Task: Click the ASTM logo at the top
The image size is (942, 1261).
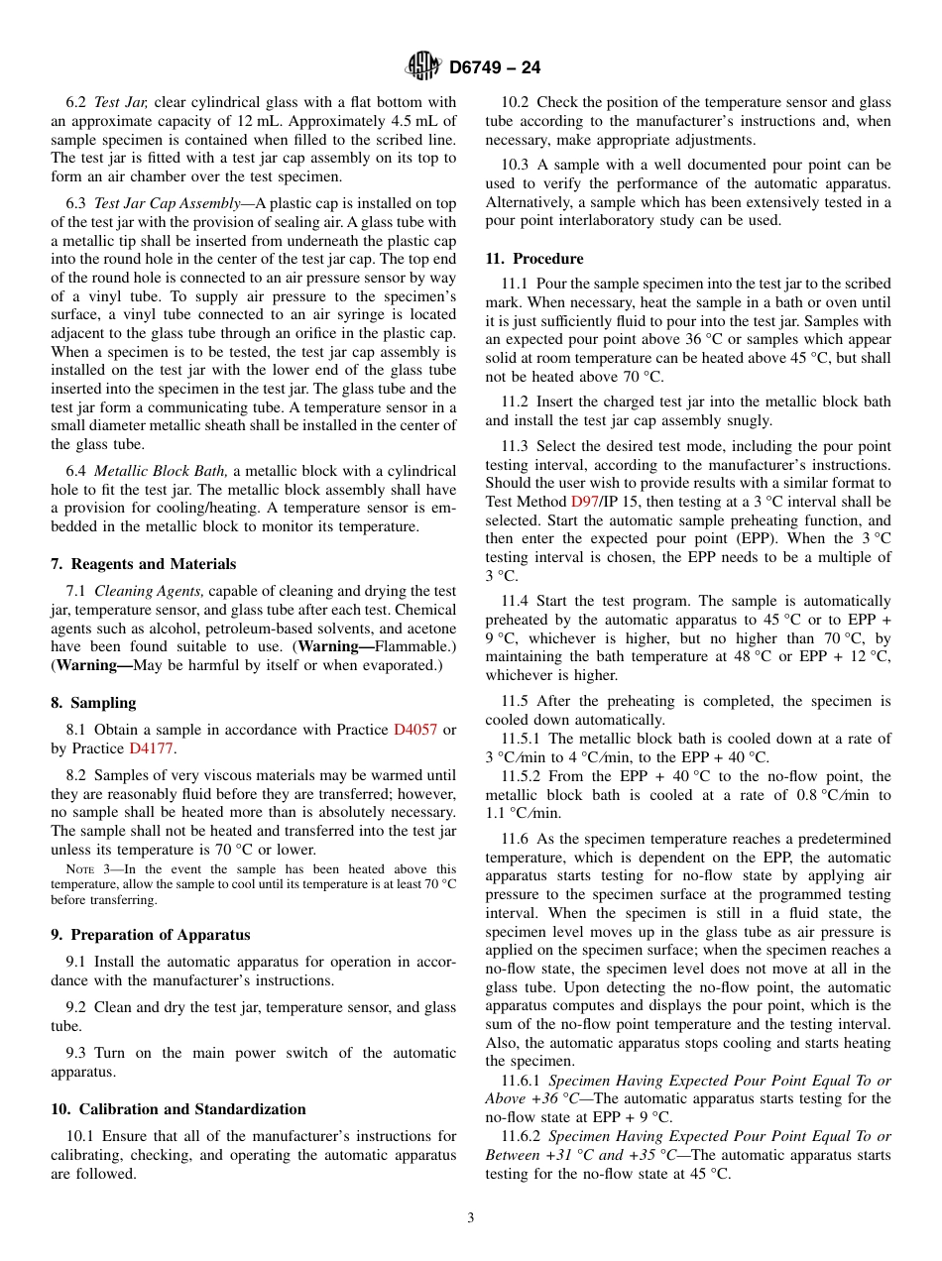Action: point(423,67)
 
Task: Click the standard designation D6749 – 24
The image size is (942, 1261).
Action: point(495,68)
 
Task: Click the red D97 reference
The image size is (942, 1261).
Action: point(584,502)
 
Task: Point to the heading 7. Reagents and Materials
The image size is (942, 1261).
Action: point(144,564)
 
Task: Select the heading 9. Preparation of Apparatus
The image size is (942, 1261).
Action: point(151,935)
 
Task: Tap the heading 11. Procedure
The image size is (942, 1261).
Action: point(534,259)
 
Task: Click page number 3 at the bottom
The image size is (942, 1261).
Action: point(471,1218)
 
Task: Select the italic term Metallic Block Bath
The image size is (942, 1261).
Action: point(162,471)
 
